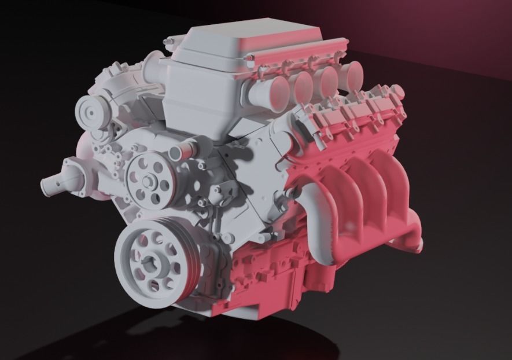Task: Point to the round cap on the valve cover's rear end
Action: (x=396, y=91)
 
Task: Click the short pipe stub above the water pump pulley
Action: (x=181, y=152)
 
